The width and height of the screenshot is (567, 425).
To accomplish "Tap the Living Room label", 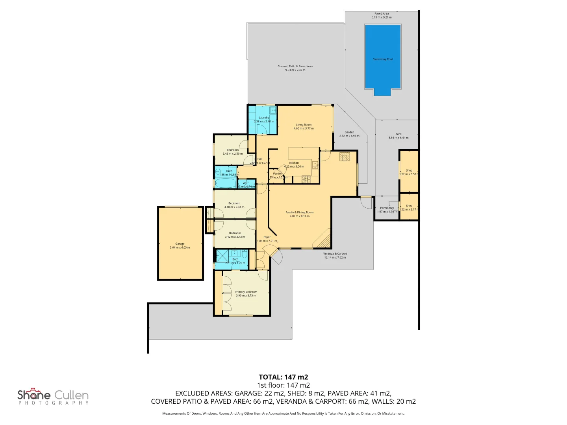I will click(x=304, y=125).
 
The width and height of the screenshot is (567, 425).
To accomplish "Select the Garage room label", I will click(x=180, y=244).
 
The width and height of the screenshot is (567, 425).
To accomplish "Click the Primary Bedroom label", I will click(x=246, y=292).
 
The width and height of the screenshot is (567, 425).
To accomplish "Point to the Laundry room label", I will click(x=264, y=118).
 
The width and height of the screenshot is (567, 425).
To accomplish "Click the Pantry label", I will click(x=278, y=174).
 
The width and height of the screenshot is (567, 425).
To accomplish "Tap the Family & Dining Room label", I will click(x=299, y=213).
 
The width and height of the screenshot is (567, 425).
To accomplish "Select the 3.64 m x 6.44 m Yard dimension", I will click(x=398, y=138).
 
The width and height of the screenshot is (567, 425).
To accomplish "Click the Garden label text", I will click(x=349, y=132).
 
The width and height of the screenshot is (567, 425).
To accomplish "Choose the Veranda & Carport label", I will click(x=335, y=254).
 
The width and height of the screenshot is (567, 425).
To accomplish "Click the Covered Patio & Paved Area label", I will click(x=295, y=67).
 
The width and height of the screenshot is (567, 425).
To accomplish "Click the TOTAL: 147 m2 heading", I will click(x=283, y=377).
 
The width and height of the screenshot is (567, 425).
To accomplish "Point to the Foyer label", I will click(x=267, y=237).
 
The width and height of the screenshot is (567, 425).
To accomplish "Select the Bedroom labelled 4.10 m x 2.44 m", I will click(x=234, y=203).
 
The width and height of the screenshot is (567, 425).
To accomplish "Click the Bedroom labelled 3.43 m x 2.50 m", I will click(x=233, y=150).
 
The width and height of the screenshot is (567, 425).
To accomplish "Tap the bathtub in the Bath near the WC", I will click(x=225, y=183).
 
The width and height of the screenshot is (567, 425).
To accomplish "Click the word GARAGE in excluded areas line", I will click(x=249, y=393).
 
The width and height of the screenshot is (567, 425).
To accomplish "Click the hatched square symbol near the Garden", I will click(x=345, y=157).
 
